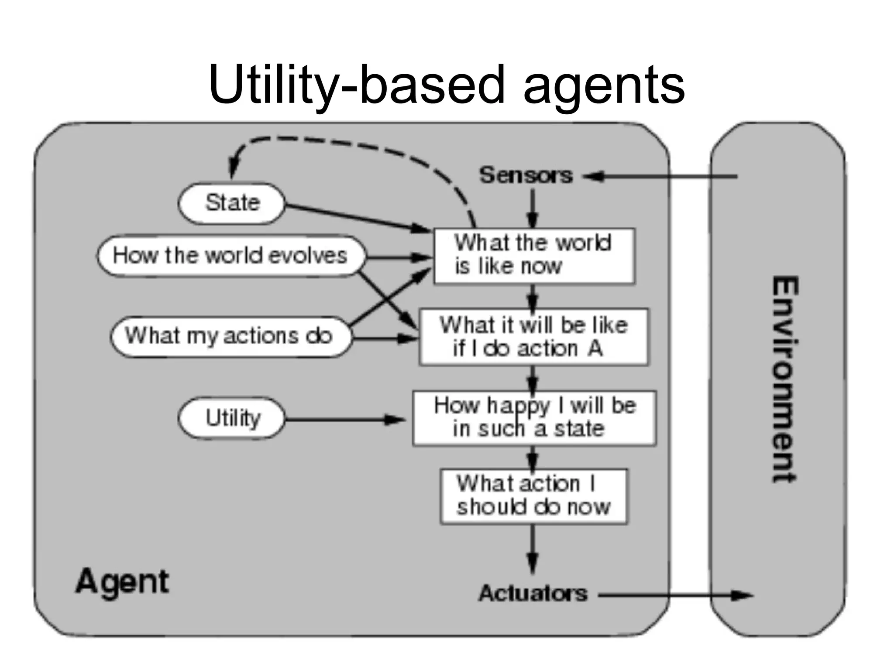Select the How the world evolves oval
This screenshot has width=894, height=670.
230,256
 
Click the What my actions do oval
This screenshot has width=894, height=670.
230,336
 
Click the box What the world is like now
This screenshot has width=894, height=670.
534,256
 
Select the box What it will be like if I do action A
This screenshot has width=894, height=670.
534,337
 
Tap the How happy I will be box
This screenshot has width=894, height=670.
534,418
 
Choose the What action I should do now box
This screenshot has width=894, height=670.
533,496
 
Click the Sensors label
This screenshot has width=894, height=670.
526,175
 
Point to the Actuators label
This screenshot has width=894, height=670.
533,594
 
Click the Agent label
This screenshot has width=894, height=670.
122,581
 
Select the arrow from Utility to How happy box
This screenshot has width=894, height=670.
345,420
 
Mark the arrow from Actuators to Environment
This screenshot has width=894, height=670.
672,595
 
